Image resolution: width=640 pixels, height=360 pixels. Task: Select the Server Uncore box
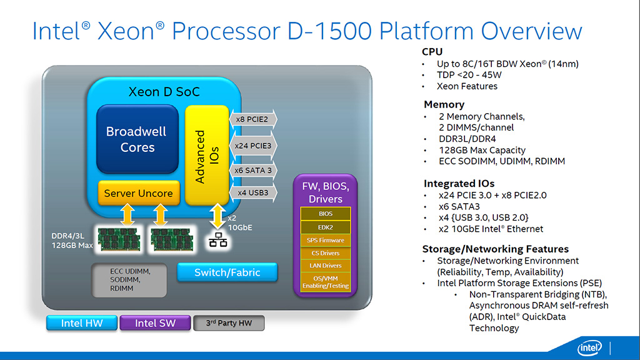click(x=138, y=193)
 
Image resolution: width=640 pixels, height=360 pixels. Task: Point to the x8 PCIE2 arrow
click(x=252, y=119)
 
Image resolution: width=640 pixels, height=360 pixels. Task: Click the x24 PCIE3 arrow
click(x=252, y=146)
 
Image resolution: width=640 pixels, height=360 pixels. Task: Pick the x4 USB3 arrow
click(x=252, y=192)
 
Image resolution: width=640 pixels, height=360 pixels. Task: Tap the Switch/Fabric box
click(x=227, y=272)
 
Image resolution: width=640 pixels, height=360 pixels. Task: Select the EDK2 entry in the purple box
click(x=326, y=226)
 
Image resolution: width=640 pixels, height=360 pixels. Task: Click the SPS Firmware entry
click(x=326, y=240)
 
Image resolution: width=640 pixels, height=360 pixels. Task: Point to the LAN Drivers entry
click(x=326, y=266)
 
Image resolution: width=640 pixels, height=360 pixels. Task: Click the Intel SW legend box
click(x=155, y=323)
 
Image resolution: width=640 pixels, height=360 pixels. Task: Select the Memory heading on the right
click(x=444, y=104)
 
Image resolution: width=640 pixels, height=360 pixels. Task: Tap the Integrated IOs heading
click(x=459, y=184)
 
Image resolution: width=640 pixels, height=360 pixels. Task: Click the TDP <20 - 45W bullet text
click(x=469, y=75)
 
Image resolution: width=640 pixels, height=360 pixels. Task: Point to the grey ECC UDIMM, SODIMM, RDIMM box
click(x=130, y=280)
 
